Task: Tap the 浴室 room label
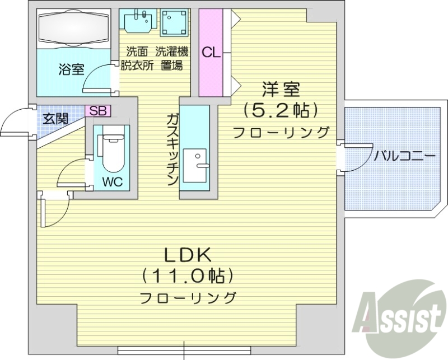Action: (72, 71)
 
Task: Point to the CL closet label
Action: (211, 53)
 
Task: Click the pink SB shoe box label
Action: (98, 111)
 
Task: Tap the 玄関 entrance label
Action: (56, 118)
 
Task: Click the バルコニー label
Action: (404, 156)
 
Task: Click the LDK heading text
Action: (187, 255)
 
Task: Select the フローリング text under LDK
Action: (187, 297)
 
